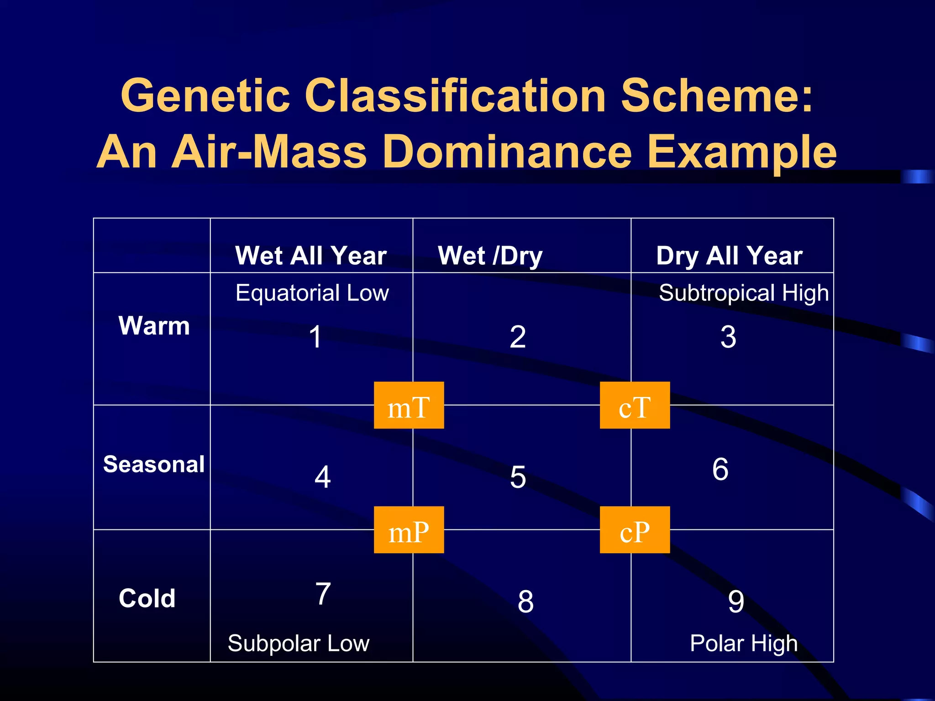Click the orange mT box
point(409,405)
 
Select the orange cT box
point(635,405)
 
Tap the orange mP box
point(409,530)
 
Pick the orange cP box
point(635,530)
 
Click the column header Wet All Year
point(311,255)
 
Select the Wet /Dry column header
point(490,255)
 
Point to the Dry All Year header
point(729,255)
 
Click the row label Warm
point(154,325)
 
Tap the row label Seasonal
point(154,464)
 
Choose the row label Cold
point(147,598)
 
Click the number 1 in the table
point(315,337)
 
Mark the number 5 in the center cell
point(518,477)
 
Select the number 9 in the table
point(736,602)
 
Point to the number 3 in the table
point(728,337)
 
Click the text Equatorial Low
point(312,293)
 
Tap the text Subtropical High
point(743,293)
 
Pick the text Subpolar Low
point(298,643)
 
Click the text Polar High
point(743,643)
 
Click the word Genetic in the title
point(205,95)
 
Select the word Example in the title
point(742,152)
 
